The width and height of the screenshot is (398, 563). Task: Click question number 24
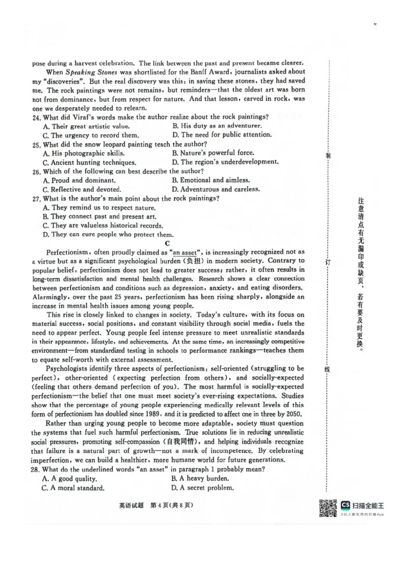36,117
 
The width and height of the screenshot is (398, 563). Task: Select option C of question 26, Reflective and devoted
82,189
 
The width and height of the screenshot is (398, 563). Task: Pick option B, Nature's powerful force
212,153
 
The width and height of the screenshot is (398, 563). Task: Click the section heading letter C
168,243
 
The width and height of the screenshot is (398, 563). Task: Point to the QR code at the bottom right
327,508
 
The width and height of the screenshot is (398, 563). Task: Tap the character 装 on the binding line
328,156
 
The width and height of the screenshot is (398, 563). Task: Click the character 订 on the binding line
328,261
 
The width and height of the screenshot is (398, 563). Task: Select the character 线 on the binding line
328,369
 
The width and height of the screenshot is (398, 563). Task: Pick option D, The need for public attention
222,135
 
